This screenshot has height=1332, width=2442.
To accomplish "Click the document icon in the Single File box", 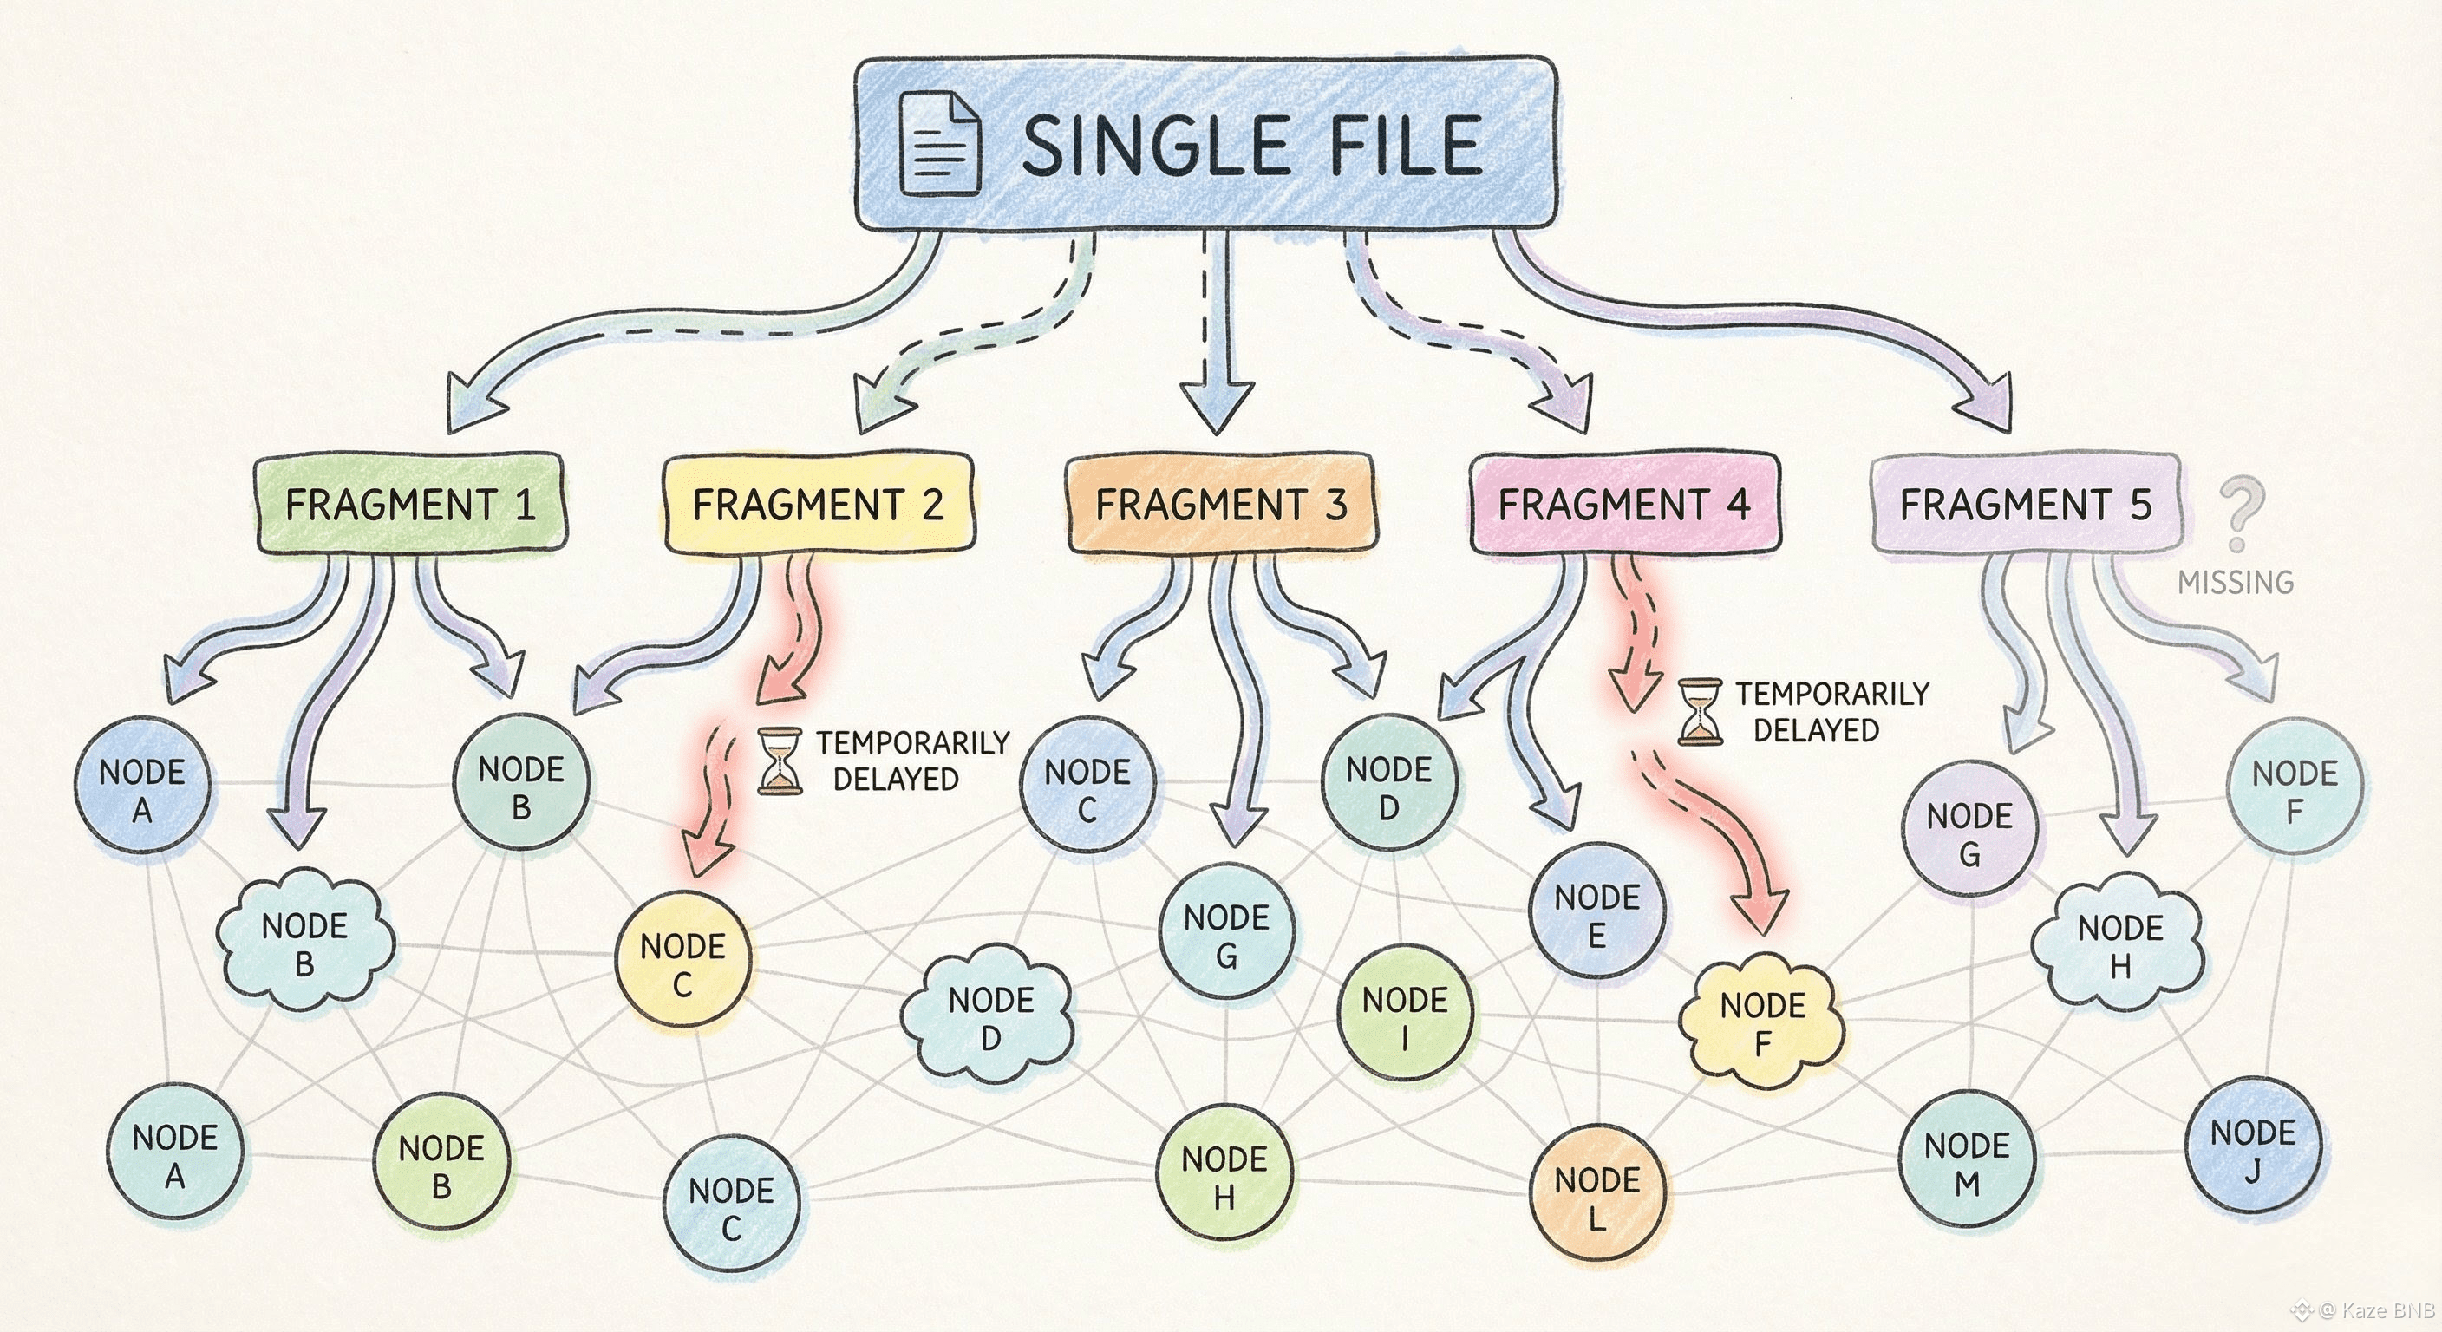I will (939, 143).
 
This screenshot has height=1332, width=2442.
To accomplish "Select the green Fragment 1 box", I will (410, 504).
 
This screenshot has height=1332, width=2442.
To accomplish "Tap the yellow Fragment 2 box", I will (818, 504).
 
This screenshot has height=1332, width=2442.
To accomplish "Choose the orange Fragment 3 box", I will (1221, 504).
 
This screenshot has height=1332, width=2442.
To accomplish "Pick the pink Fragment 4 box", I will (1624, 504).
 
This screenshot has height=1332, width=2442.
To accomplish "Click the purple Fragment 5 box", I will (2026, 504).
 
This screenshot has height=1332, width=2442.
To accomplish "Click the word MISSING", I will (2236, 582).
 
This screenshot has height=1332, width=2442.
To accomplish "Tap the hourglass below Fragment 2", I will (780, 761).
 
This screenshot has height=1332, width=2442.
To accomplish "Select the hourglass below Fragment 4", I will (1699, 711).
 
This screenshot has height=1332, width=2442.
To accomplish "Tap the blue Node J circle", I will (2252, 1150).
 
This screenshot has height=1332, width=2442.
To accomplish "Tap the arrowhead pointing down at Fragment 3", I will (1218, 406).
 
